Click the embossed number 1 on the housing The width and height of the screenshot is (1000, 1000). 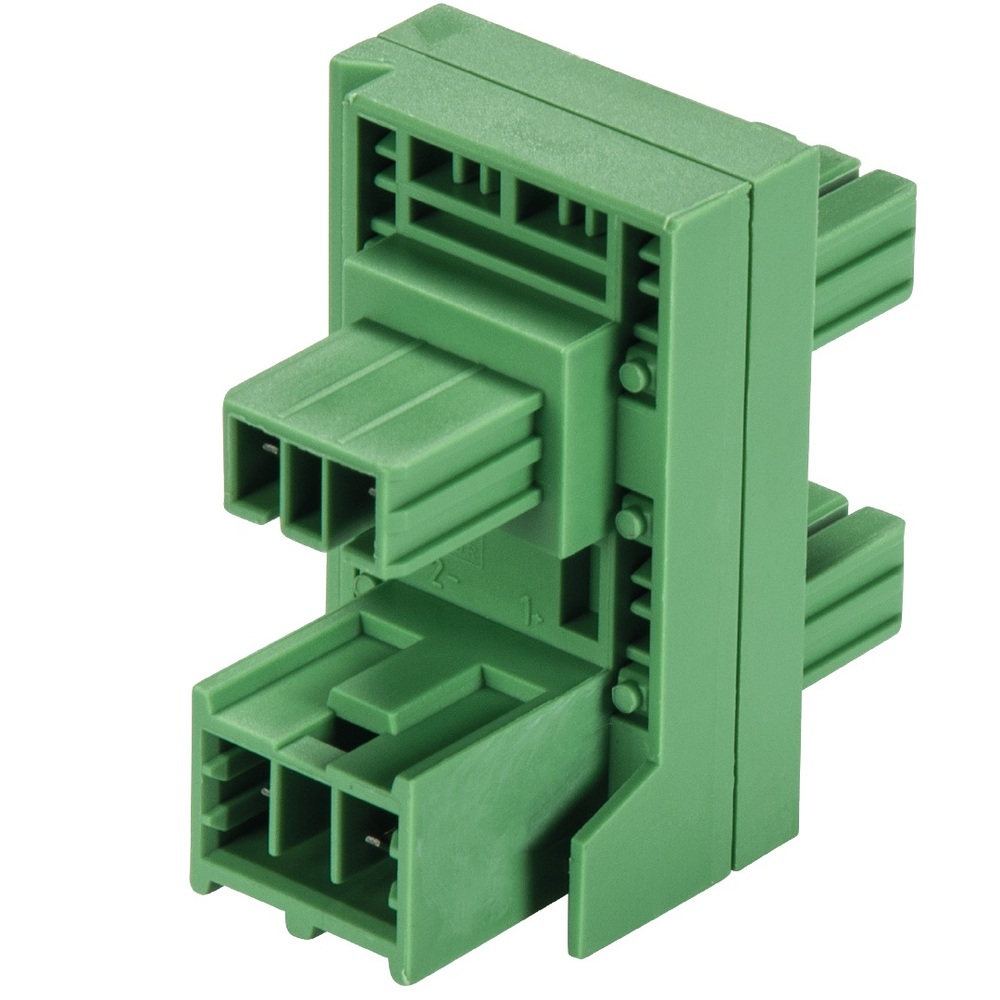click(526, 607)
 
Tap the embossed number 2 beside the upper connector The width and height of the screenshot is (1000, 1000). click(439, 574)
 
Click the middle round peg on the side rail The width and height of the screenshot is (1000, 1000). click(630, 521)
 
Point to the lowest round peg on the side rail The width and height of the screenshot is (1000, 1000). click(628, 691)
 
